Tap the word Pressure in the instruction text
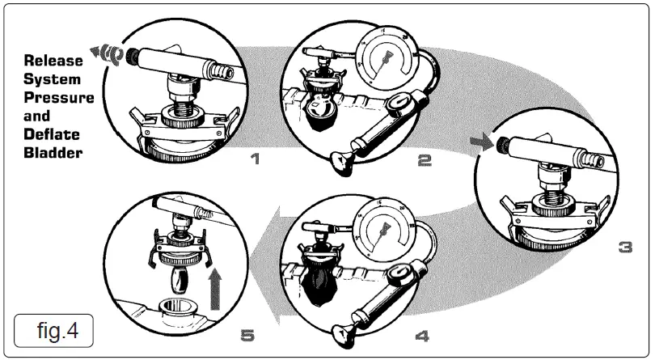click(58, 98)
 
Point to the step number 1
click(255, 159)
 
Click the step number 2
click(424, 159)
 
